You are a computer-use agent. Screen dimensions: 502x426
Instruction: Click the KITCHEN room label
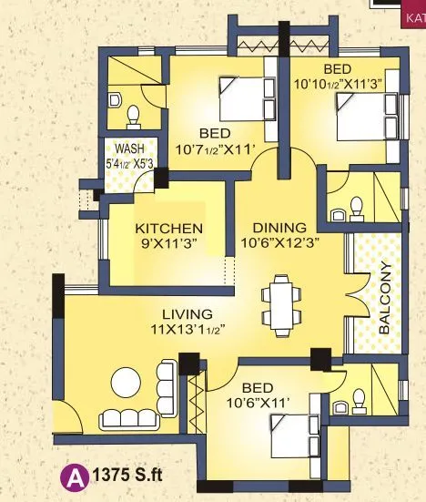[x=168, y=228]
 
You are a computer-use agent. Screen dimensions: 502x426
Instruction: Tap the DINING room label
[x=272, y=228]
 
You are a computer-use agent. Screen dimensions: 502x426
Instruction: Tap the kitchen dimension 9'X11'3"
[x=168, y=243]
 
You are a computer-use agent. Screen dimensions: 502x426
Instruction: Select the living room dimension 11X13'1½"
[x=189, y=330]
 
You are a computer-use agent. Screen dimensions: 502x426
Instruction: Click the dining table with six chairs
[x=280, y=302]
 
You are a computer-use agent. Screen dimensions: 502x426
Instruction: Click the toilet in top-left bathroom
[x=133, y=113]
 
